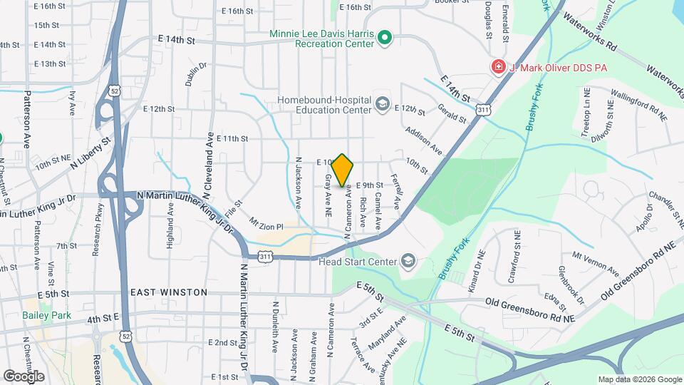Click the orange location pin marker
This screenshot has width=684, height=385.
point(343,170)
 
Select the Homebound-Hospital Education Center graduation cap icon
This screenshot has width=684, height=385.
point(383,106)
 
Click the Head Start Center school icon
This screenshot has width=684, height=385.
point(408,261)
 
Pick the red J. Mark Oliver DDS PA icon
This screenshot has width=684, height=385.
point(498,67)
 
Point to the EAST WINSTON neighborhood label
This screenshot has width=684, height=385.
point(169,292)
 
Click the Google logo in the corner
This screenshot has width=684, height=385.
point(24,376)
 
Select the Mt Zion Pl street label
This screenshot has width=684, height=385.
point(266,227)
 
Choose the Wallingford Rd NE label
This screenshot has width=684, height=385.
point(638,104)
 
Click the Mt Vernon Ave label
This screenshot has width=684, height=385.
point(595,262)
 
